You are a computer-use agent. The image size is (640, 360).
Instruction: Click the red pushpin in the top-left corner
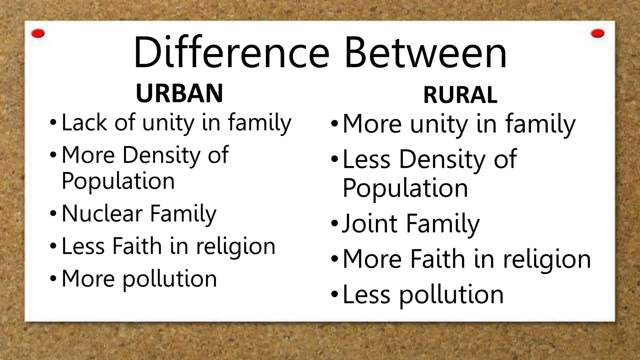[38, 33]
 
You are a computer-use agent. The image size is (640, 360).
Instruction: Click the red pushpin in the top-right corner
[597, 33]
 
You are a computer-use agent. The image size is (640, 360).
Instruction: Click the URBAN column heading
[179, 93]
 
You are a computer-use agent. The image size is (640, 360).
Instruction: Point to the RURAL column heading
[460, 95]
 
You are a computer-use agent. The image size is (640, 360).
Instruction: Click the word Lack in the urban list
[84, 122]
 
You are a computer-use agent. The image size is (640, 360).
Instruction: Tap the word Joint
[370, 224]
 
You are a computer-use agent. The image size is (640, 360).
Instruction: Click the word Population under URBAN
[118, 181]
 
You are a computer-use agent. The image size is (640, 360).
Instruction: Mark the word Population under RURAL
[405, 188]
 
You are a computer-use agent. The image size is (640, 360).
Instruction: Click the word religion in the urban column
[236, 247]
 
